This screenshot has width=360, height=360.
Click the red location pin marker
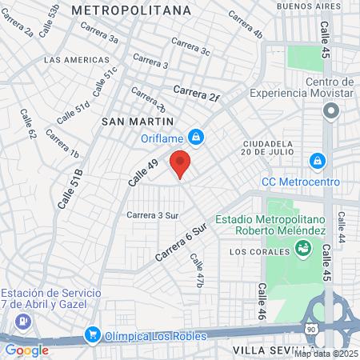[180, 163]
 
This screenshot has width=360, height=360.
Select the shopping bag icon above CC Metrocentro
[318, 161]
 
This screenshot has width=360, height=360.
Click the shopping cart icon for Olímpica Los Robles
[93, 334]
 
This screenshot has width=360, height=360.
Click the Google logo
[26, 350]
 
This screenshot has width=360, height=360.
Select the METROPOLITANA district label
[131, 10]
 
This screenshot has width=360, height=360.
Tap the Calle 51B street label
[70, 190]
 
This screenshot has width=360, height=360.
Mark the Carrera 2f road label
[196, 94]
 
